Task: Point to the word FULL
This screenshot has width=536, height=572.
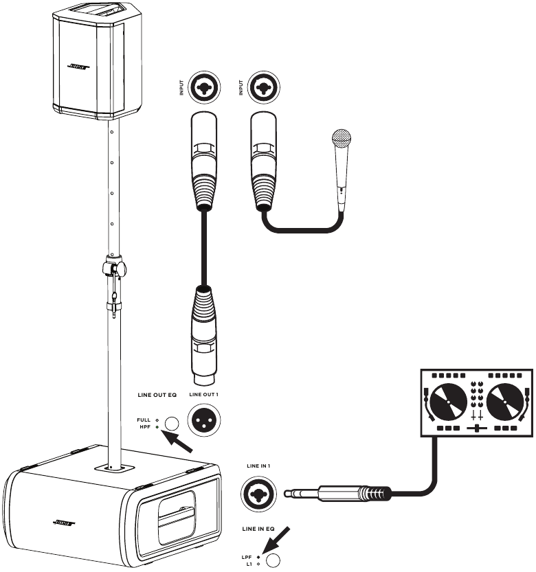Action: (x=144, y=419)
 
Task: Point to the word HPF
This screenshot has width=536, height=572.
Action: (x=144, y=427)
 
